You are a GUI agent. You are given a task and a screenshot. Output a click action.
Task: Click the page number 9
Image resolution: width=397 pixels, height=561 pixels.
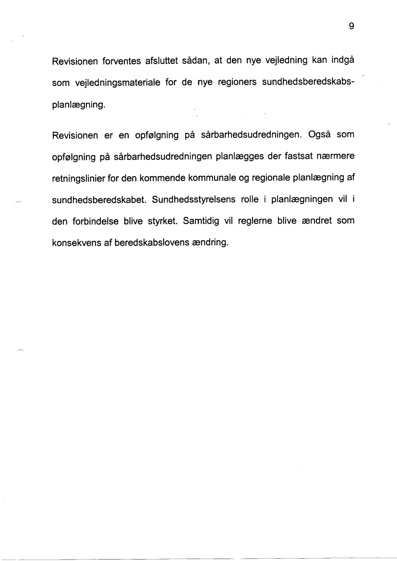pos(351,27)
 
